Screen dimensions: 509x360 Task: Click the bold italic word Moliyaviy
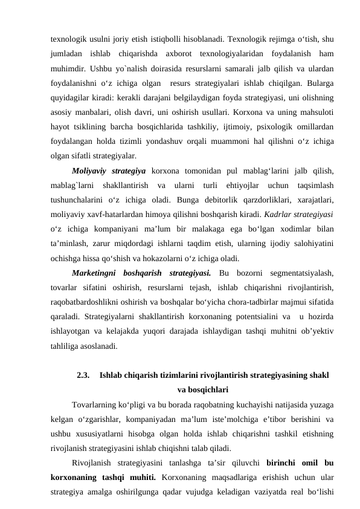(89, 171)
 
